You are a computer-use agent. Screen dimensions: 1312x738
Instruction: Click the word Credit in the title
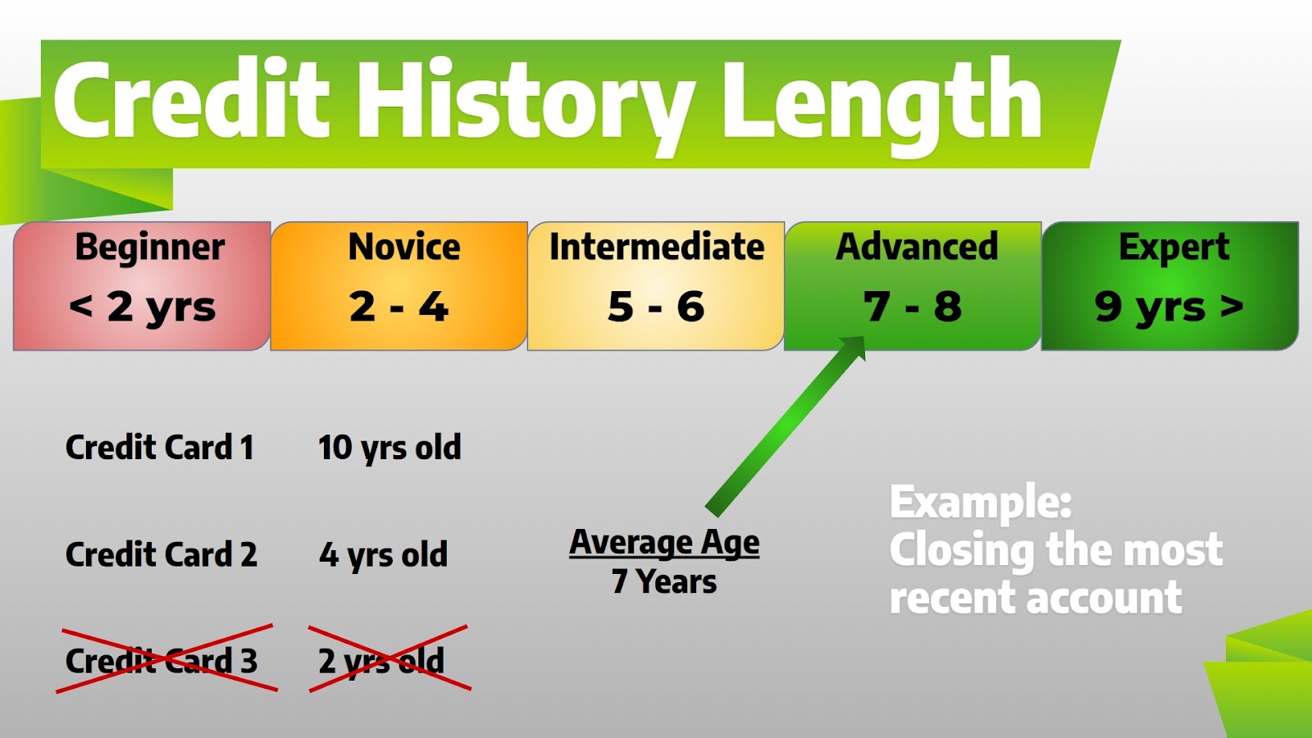(191, 98)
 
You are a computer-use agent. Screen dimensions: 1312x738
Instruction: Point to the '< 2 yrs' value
(143, 307)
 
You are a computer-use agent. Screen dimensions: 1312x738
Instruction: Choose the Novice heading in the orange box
(404, 247)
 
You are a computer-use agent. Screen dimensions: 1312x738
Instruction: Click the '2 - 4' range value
(399, 307)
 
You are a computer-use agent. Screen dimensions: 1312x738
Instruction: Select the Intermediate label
(657, 246)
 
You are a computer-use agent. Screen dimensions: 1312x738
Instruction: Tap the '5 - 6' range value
(656, 307)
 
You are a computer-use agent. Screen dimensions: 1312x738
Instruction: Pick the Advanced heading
(917, 246)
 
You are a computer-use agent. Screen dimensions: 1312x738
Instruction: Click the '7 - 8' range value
(913, 307)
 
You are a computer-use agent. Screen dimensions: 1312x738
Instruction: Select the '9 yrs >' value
(1169, 307)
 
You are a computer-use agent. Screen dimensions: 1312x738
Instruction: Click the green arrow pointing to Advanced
(786, 426)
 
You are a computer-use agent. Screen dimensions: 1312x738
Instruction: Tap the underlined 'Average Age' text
(664, 544)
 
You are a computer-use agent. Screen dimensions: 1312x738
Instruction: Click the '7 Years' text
(664, 581)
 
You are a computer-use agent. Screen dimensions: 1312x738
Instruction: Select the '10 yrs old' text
(389, 449)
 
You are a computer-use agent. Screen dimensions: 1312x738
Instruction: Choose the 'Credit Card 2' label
(161, 554)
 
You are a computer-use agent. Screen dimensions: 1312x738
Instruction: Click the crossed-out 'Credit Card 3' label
(161, 661)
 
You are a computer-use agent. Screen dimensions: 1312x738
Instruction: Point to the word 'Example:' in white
(981, 503)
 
